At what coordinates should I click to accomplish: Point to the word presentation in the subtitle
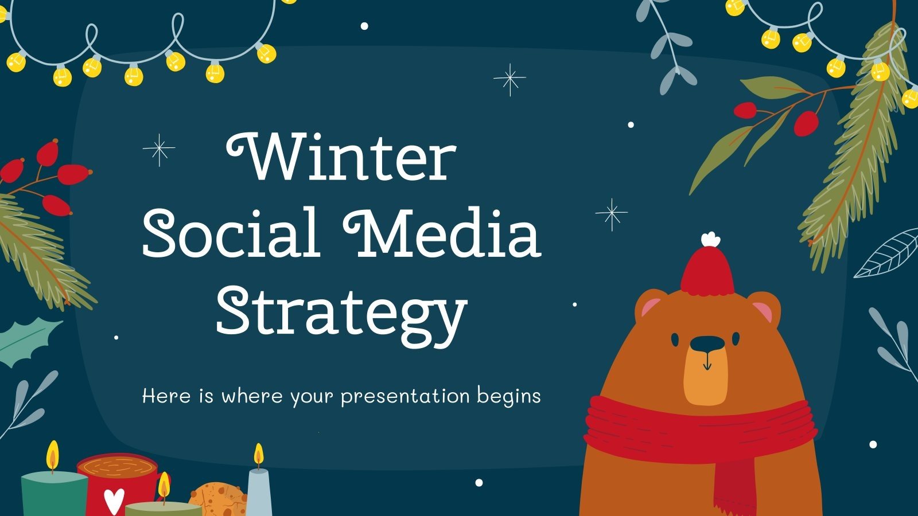click(405, 396)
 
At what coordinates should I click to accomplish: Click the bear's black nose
click(706, 344)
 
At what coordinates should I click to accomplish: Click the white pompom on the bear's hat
click(710, 239)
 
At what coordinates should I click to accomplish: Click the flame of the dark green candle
click(53, 454)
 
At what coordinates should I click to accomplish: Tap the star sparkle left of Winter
click(159, 150)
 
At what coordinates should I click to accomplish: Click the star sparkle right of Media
click(612, 214)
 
